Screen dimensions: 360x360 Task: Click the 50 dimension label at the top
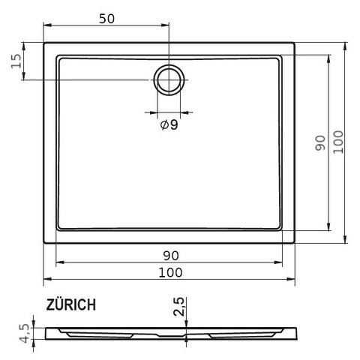tap(106, 19)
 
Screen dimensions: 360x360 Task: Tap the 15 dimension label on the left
tap(16, 61)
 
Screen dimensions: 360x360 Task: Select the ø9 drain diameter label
tap(169, 124)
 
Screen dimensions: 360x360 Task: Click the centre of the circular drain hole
tap(169, 80)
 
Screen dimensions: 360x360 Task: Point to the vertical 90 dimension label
tap(320, 143)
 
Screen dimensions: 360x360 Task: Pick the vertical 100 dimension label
tap(338, 142)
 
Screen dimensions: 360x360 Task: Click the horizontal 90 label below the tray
tap(171, 256)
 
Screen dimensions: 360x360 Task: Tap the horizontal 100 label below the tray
tap(170, 272)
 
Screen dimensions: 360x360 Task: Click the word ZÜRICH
tap(71, 304)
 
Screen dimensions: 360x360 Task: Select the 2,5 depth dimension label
tap(179, 307)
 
